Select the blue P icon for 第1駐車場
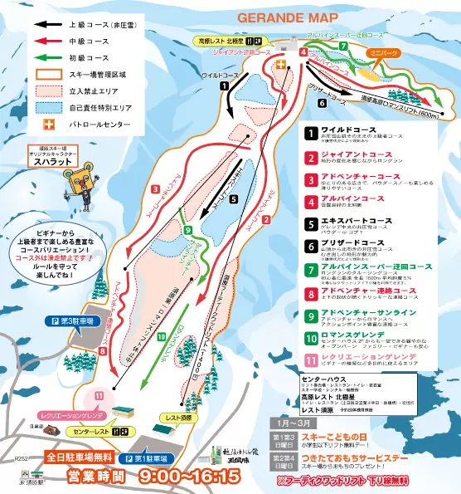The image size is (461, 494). [x=129, y=458]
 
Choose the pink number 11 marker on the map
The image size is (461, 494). [x=99, y=396]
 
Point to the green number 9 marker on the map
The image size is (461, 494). [x=188, y=230]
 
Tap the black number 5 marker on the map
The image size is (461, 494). [x=233, y=199]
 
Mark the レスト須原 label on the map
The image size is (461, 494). [x=177, y=419]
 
